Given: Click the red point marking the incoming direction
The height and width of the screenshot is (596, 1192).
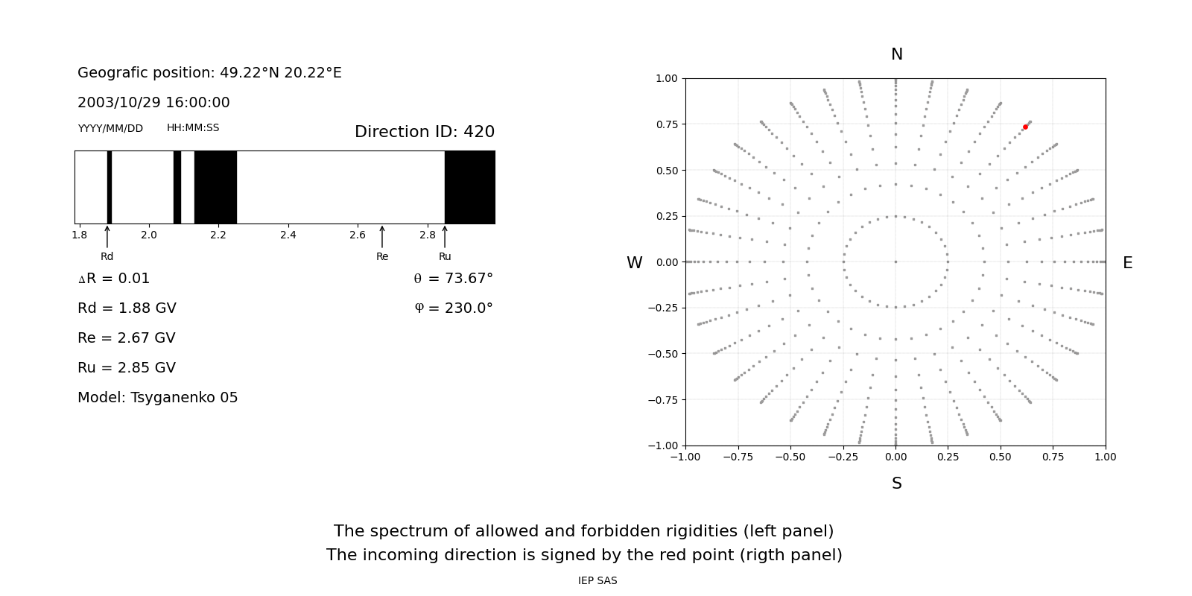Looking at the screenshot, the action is [x=1025, y=127].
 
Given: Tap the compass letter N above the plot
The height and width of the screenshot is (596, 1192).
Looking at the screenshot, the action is [x=897, y=54].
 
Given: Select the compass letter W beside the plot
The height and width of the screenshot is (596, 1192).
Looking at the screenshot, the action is [x=634, y=263].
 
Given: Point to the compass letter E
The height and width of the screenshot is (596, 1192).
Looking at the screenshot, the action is [x=1128, y=263].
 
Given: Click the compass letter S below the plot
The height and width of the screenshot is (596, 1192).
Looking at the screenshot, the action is [x=897, y=484].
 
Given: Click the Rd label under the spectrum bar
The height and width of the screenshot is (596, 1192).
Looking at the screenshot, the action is [x=107, y=256].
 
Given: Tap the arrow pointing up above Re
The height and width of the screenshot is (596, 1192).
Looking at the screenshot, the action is [x=382, y=236].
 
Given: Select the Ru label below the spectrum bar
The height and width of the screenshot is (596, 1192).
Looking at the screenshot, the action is [x=445, y=256].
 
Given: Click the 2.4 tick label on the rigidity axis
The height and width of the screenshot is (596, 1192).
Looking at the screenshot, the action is [x=288, y=235].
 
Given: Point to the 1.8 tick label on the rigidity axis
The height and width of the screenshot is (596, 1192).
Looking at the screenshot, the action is [x=79, y=235].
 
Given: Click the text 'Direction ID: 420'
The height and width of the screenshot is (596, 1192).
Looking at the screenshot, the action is [x=425, y=131].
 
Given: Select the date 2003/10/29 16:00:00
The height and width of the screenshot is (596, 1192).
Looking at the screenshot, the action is [x=153, y=102].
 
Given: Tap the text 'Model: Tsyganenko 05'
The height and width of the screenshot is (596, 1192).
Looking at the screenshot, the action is [x=157, y=398].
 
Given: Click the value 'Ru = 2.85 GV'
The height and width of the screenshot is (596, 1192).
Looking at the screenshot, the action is [x=127, y=368].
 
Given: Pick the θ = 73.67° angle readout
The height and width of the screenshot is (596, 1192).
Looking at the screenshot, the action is [x=454, y=279].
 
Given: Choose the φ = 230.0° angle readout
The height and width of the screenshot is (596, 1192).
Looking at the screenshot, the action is [x=454, y=308].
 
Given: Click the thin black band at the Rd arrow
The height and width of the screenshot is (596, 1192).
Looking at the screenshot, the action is [x=109, y=187].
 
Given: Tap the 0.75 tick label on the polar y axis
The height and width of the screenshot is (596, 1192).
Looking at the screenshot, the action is [x=667, y=124].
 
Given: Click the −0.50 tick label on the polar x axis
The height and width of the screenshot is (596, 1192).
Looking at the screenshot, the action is [x=790, y=457].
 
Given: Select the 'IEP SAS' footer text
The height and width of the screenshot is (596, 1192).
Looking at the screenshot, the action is [x=597, y=580].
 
